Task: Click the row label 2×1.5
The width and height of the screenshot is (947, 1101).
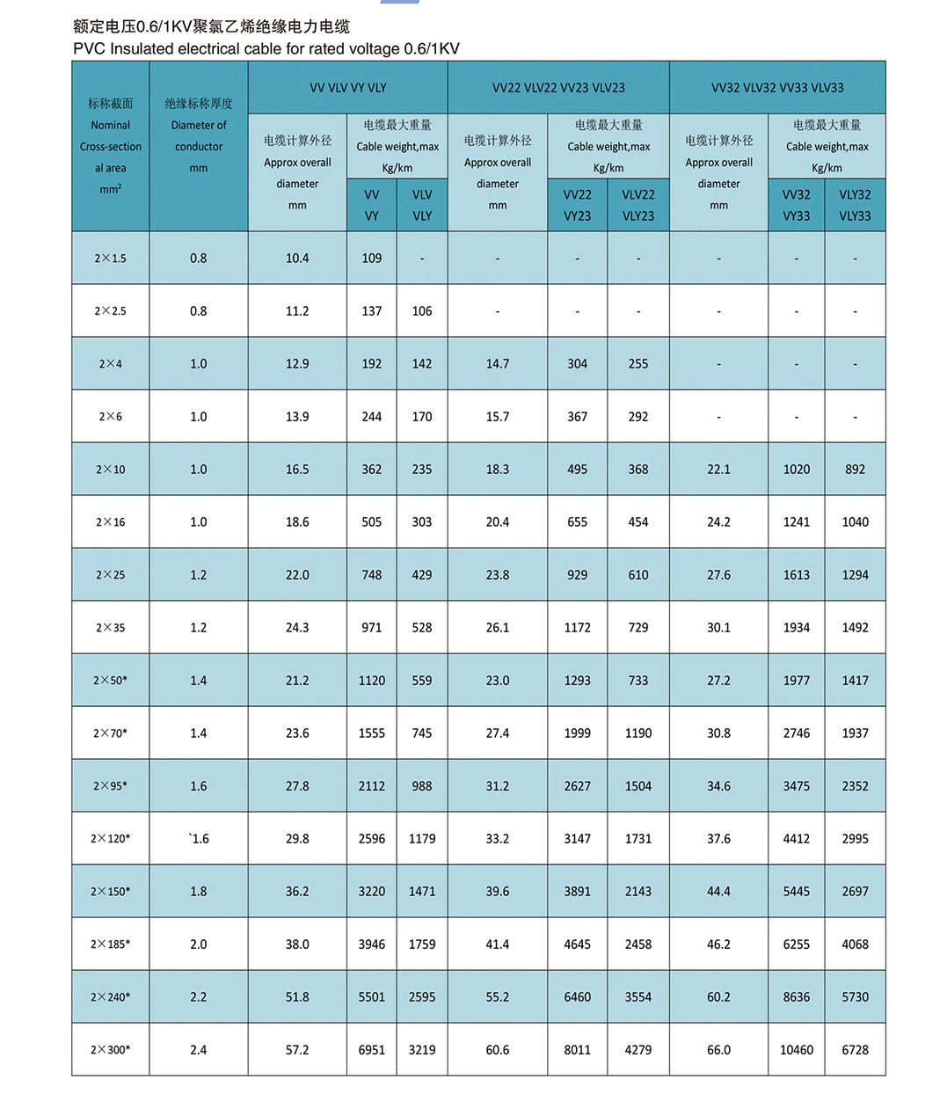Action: tap(111, 259)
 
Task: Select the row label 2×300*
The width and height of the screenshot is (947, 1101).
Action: tap(111, 1050)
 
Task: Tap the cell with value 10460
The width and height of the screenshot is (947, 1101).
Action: tap(797, 1050)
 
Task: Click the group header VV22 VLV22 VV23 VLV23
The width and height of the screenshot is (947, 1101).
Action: tap(558, 88)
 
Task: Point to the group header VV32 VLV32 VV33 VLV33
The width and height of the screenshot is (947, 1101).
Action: tap(777, 88)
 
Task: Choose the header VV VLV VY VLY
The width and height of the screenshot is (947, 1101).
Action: tap(348, 88)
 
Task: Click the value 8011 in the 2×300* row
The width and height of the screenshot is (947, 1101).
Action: tap(578, 1050)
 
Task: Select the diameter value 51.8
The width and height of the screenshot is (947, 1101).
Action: tap(297, 997)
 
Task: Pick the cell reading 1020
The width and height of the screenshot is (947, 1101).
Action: tap(797, 470)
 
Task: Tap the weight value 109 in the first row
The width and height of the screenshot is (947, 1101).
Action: tap(372, 259)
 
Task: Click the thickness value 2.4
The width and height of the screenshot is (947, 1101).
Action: tap(199, 1050)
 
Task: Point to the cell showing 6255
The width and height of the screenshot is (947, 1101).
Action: tap(797, 944)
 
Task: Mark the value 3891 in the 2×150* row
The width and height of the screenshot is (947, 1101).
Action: tap(578, 892)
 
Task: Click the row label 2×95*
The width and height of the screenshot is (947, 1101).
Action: tap(111, 786)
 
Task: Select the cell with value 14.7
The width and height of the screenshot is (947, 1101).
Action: tap(498, 364)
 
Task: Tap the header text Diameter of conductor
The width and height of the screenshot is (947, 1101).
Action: tap(199, 136)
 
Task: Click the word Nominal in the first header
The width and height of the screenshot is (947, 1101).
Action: tap(111, 126)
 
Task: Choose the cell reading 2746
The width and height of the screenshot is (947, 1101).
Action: tap(797, 733)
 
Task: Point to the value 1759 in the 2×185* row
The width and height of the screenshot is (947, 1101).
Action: tap(422, 944)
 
